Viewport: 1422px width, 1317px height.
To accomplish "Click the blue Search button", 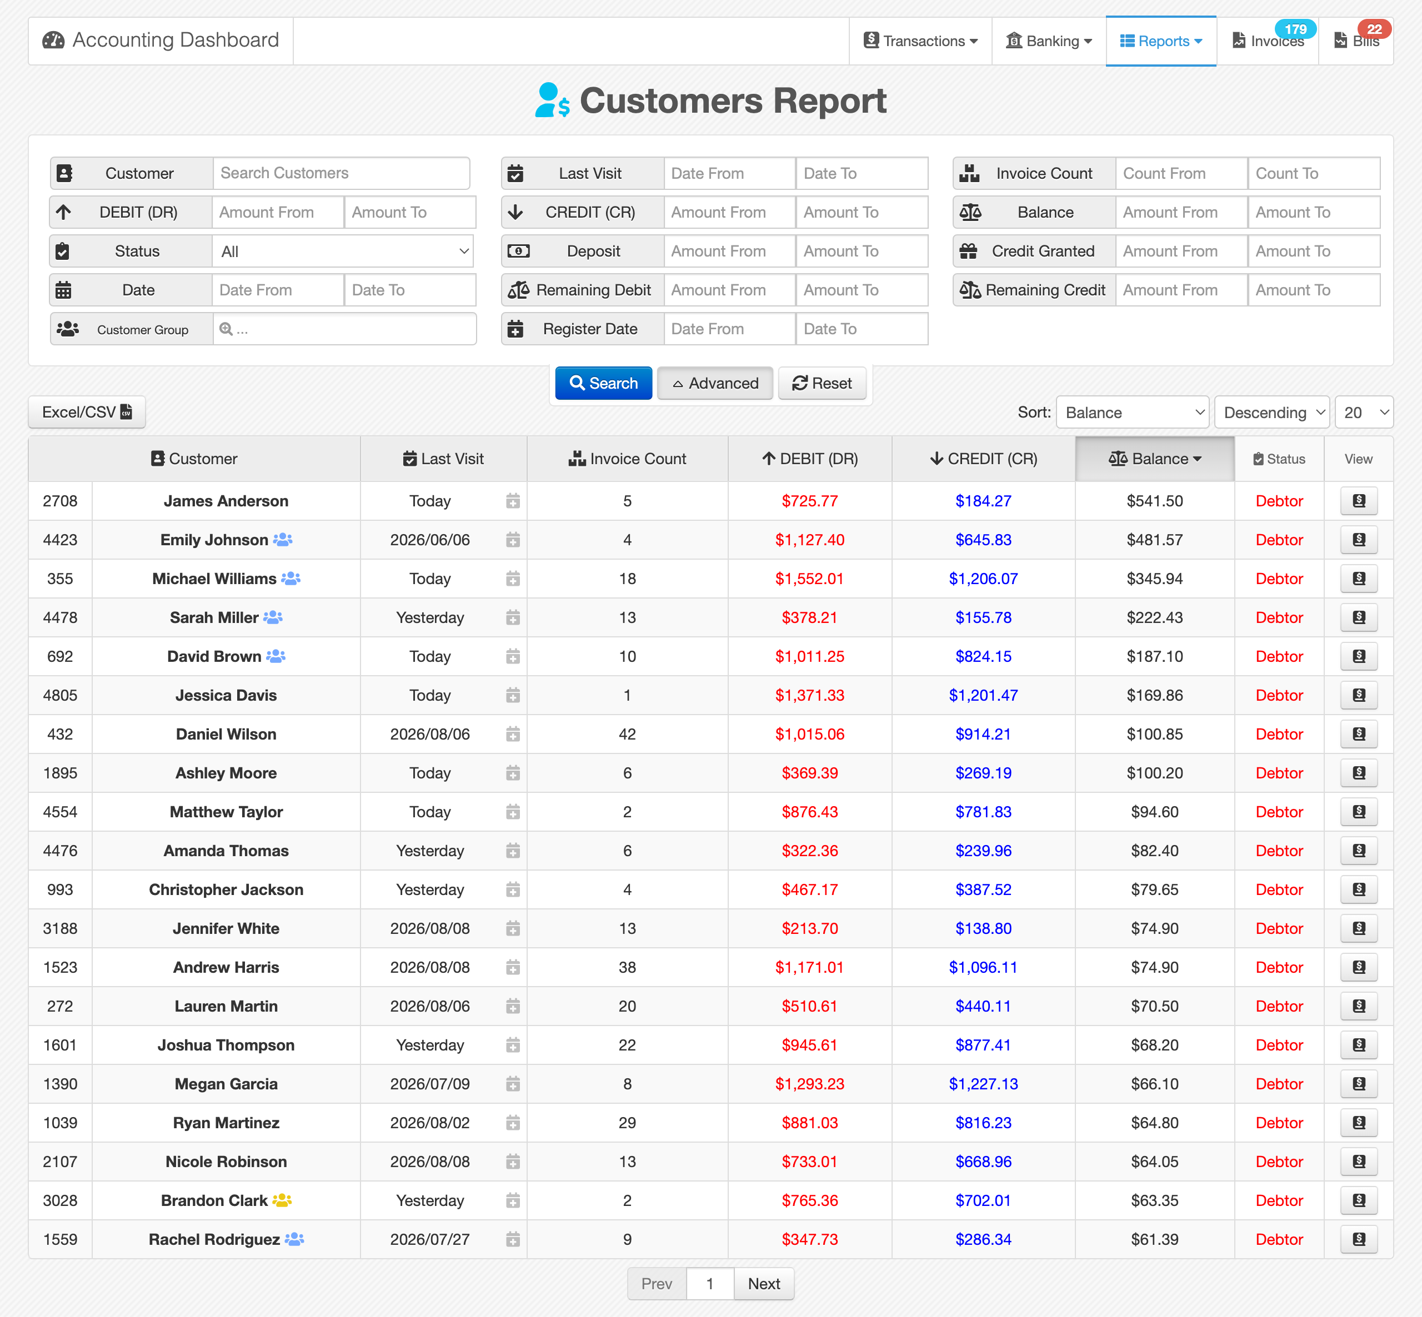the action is point(603,384).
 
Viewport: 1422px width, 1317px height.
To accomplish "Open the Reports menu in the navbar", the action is point(1160,41).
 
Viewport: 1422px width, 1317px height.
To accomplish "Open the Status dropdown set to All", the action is point(343,252).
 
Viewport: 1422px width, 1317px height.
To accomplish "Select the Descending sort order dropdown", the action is point(1271,413).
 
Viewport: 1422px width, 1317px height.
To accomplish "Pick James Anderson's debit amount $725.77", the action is point(810,501).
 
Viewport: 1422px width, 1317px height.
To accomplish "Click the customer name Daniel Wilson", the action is point(226,734).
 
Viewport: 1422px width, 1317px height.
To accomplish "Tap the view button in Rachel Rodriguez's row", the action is point(1359,1239).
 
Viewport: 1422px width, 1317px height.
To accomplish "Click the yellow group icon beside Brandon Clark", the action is point(282,1200).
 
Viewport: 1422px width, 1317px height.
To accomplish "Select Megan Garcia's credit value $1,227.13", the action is point(983,1084).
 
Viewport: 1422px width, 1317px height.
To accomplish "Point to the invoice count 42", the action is point(627,734).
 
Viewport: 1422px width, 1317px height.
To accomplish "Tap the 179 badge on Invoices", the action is point(1295,29).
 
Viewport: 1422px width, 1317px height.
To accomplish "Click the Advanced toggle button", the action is point(715,384).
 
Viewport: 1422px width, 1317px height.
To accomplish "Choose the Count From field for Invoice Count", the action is point(1181,173).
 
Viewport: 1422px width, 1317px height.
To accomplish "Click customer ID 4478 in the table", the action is point(60,617).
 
